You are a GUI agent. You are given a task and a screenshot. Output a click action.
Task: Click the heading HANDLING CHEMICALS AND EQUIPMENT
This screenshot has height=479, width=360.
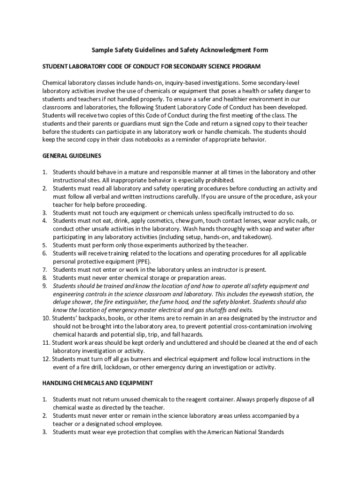(x=98, y=383)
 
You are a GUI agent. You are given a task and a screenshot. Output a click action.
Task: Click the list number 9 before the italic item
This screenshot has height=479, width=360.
(x=45, y=286)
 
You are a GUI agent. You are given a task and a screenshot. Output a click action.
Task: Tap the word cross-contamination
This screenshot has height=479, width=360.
(x=253, y=327)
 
